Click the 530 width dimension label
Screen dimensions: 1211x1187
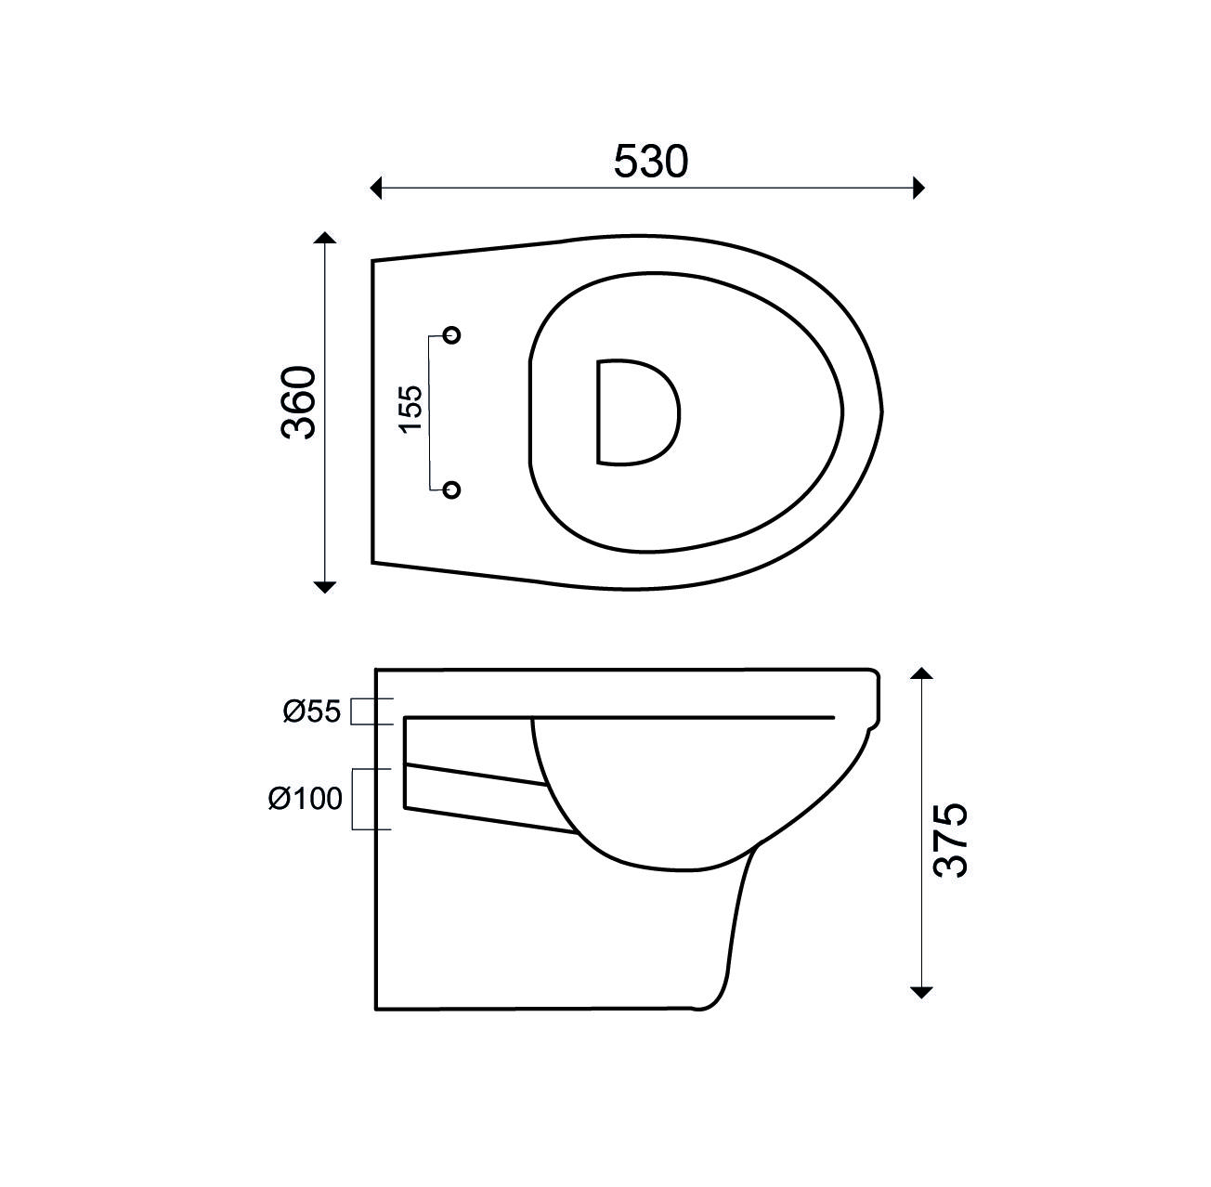click(651, 162)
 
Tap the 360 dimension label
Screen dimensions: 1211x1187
click(298, 402)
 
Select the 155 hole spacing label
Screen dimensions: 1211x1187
click(411, 409)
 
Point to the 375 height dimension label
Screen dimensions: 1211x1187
click(949, 840)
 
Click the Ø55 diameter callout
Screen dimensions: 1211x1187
click(312, 711)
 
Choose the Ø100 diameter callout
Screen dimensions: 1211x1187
click(306, 799)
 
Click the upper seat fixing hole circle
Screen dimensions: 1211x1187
click(452, 335)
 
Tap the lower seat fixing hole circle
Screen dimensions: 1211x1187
click(452, 489)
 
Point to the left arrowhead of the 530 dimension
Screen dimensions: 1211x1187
click(376, 188)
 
